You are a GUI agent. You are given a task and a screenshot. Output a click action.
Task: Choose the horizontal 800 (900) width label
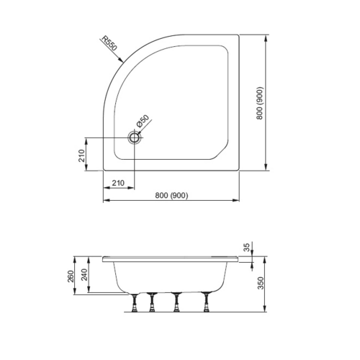click(172, 196)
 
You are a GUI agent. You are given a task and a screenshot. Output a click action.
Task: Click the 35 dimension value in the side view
click(246, 248)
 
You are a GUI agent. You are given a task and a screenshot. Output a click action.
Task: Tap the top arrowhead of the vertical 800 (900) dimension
click(268, 35)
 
